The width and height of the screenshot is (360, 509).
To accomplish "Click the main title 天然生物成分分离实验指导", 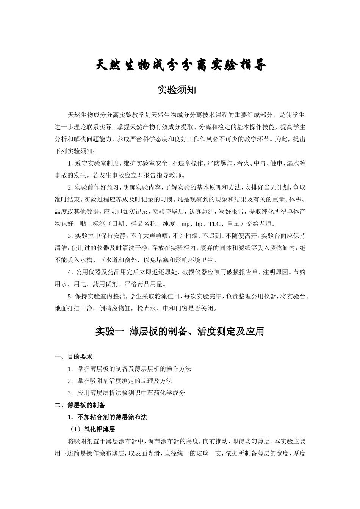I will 180,66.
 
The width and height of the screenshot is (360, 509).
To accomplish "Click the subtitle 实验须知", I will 177,90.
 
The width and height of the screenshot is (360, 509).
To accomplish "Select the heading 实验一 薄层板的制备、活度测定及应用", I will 179,331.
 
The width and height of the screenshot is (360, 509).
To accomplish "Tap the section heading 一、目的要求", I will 74,356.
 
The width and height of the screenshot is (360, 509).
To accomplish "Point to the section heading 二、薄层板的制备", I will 80,405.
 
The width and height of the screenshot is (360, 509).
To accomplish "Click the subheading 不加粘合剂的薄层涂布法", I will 112,417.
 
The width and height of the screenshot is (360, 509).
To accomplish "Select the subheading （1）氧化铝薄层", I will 92,429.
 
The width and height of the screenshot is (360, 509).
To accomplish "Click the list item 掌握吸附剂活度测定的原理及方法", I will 125,381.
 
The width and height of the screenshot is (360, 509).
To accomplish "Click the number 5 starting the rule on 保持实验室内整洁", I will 69,296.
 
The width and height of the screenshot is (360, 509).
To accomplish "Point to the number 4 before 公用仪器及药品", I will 69,272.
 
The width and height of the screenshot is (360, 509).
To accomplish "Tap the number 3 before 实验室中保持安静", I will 69,236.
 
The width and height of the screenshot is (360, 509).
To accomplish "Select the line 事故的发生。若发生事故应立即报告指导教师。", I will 120,175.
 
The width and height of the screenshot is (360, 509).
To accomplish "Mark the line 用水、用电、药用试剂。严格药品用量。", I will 110,284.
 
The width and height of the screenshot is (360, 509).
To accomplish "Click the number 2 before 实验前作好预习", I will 69,187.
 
